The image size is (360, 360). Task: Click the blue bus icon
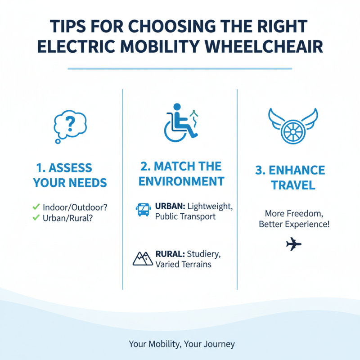[142, 210]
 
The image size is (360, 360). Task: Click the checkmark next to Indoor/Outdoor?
[36, 207]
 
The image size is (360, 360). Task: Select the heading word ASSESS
[70, 168]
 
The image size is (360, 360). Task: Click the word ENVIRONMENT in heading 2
[181, 181]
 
